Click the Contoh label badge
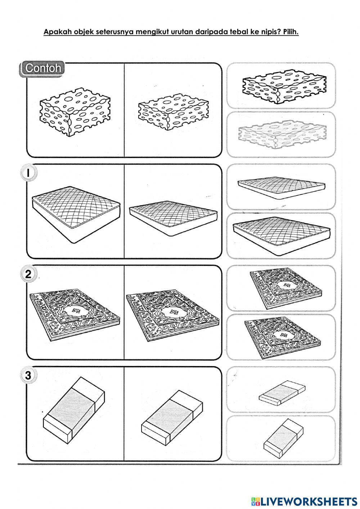[42, 69]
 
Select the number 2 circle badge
[28, 275]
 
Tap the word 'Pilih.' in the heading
[291, 32]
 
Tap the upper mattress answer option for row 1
[282, 188]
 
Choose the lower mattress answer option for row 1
[282, 233]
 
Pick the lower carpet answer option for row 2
[283, 338]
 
